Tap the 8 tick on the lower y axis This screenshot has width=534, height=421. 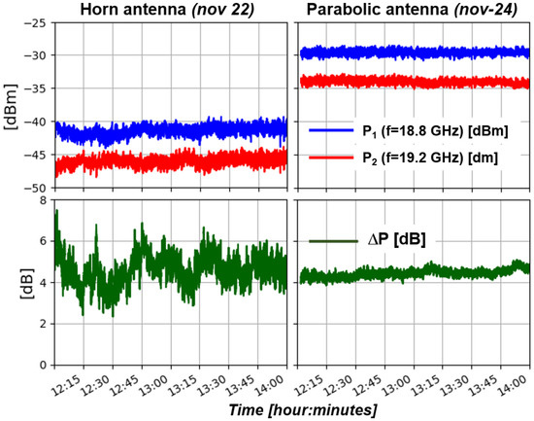[42, 200]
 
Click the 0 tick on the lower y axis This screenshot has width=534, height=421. [42, 365]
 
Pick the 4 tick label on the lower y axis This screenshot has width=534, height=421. [42, 282]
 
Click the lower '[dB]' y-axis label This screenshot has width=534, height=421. [12, 282]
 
